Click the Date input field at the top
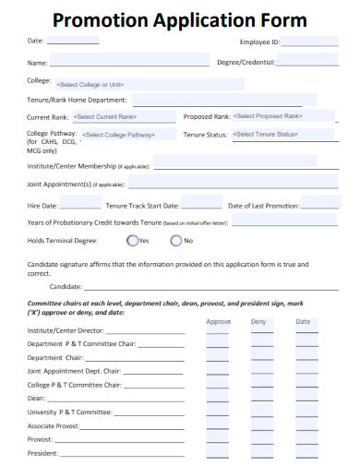[x=72, y=42]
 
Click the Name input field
[x=129, y=62]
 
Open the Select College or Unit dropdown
[x=148, y=83]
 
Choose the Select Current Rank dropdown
[x=123, y=117]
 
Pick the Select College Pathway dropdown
[x=129, y=135]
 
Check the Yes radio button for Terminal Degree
[x=132, y=241]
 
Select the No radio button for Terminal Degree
[x=176, y=241]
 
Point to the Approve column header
[x=219, y=321]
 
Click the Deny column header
[x=258, y=321]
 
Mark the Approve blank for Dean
[x=219, y=399]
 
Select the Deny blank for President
[x=262, y=454]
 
